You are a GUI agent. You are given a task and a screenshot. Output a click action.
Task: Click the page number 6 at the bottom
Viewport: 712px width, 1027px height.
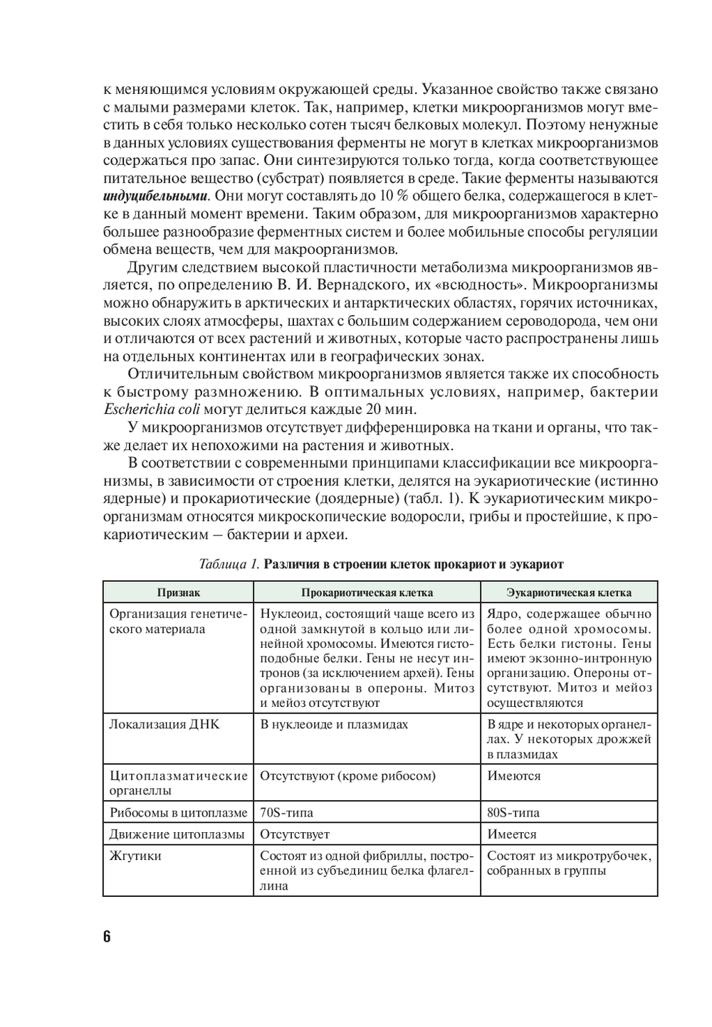coord(107,936)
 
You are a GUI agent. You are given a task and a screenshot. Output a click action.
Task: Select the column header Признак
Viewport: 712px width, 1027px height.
coord(179,592)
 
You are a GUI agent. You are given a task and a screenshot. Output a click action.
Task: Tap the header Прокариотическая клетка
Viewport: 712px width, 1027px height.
coord(367,592)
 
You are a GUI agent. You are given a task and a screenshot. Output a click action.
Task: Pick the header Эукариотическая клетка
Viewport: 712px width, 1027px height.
coord(568,592)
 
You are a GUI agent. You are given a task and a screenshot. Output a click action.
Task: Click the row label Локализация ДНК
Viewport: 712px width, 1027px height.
coord(164,724)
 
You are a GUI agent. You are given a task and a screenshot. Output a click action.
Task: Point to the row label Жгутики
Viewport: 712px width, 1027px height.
coord(135,856)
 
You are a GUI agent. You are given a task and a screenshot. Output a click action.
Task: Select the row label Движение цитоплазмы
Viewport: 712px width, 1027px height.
coord(177,834)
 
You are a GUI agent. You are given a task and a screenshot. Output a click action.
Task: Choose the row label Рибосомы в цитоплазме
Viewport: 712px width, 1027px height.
coord(178,812)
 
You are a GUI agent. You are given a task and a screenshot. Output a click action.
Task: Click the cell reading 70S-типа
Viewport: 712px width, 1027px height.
coord(287,812)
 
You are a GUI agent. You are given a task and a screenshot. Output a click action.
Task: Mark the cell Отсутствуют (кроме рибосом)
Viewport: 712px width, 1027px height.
coord(347,775)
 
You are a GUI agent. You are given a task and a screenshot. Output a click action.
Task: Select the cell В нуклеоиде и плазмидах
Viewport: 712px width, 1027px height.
coord(334,724)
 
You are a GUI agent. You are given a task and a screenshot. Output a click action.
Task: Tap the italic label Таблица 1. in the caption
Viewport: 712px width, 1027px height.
coord(229,565)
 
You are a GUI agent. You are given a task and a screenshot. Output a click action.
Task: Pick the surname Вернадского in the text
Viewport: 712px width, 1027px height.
coord(368,285)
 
